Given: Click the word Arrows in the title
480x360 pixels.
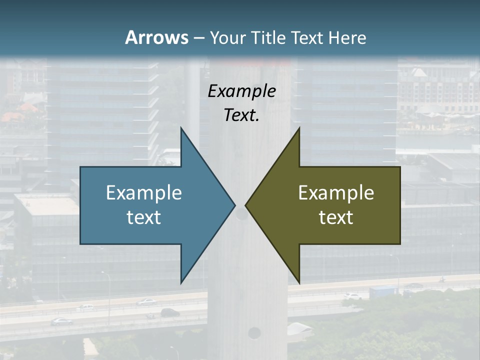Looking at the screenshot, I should [x=156, y=37].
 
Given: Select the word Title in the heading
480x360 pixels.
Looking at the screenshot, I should [x=268, y=38].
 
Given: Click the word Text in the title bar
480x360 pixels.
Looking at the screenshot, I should [x=306, y=38].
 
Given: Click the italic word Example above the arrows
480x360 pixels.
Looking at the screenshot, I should [x=241, y=91].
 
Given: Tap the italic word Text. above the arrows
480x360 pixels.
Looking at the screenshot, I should [x=241, y=115].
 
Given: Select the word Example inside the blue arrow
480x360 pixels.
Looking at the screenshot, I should [x=144, y=193].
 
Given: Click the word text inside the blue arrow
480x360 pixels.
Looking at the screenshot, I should [x=144, y=217].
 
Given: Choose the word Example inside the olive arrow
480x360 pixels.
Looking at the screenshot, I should [x=336, y=193].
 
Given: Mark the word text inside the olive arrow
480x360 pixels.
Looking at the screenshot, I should [x=336, y=217].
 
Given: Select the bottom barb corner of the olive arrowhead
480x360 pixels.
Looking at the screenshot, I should [x=299, y=281].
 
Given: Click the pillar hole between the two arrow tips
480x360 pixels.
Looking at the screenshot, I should [x=241, y=214].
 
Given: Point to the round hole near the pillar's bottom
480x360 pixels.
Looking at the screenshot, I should [x=254, y=332].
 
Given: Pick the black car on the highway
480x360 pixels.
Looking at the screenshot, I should [x=170, y=312].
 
